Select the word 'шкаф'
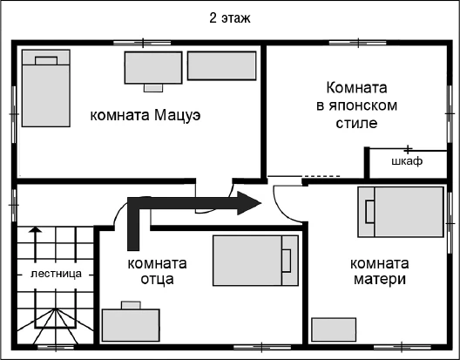point(407,162)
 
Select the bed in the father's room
point(254,259)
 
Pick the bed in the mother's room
point(402,212)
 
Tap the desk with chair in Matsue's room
point(153,67)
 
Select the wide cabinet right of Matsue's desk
point(222,66)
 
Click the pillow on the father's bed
point(287,259)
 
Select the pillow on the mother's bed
point(369,212)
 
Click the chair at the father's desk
point(130,304)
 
